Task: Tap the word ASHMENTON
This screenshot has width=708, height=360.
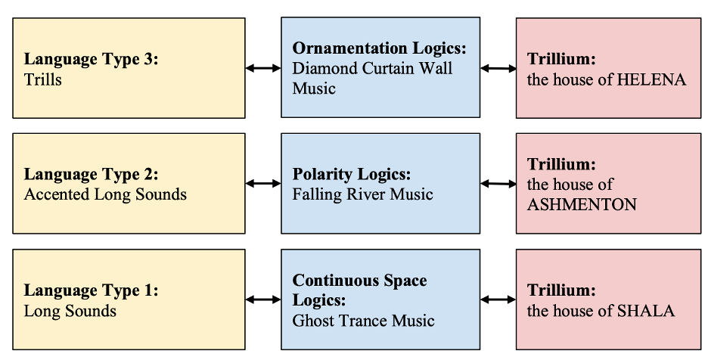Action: pos(582,204)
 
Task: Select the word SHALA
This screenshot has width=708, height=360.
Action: pos(645,310)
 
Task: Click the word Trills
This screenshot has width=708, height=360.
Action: pos(43,79)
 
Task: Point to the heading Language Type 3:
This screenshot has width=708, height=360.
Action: pos(92,59)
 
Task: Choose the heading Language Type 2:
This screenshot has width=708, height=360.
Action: pos(92,174)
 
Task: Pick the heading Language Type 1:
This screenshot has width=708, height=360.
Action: pos(92,290)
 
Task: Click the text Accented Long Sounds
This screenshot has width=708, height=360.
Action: pos(105,194)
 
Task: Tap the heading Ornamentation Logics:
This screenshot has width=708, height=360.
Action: pos(380,48)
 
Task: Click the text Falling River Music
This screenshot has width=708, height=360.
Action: pos(363,194)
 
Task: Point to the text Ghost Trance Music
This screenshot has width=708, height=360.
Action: pos(364,320)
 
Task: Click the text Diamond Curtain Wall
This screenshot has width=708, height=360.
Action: pos(373,68)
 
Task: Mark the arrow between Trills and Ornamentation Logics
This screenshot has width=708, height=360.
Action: pos(263,68)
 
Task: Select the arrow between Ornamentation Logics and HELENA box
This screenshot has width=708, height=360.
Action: pos(498,68)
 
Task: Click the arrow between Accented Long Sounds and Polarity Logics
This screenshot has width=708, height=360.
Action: pos(263,183)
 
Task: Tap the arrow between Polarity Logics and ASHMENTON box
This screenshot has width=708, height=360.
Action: pos(498,183)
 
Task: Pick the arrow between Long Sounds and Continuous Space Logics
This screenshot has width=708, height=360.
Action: pos(263,299)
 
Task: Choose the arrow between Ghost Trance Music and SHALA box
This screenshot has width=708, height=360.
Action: pos(498,299)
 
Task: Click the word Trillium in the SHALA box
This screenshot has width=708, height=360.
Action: pos(561,290)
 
